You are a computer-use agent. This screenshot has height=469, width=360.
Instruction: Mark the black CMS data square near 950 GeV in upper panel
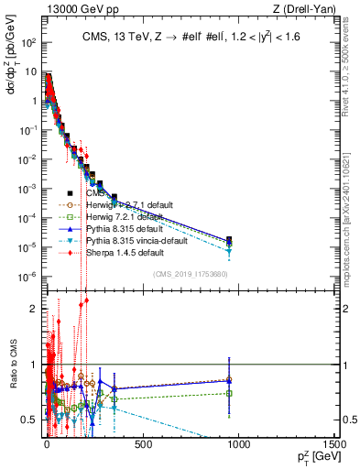[x=229, y=240]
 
